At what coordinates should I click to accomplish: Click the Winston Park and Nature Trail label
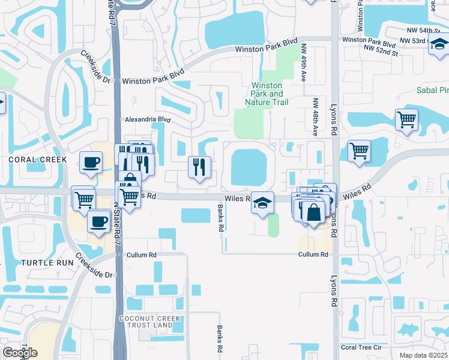[x=267, y=94]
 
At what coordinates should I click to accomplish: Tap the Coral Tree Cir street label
[x=361, y=347]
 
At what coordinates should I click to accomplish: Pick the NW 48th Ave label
[x=315, y=115]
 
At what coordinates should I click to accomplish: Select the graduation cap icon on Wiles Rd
[x=262, y=203]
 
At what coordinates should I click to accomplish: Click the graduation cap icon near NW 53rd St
[x=439, y=44]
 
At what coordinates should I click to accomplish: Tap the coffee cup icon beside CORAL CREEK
[x=91, y=162]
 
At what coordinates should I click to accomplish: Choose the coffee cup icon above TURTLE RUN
[x=98, y=221]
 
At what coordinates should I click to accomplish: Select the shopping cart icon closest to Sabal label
[x=406, y=119]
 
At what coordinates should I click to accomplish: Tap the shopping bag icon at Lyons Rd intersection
[x=314, y=211]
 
